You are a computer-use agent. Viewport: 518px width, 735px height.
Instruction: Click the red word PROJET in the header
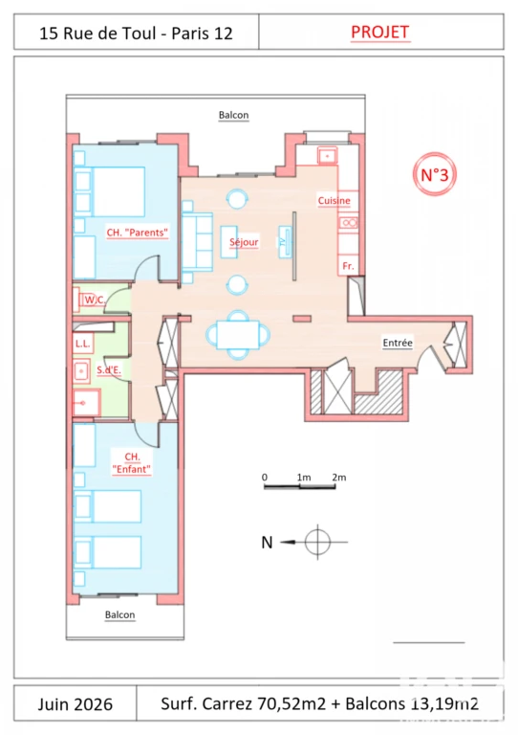point(380,32)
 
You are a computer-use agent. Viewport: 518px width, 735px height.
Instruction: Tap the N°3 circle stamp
point(435,174)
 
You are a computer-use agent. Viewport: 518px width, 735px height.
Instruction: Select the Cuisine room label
point(335,201)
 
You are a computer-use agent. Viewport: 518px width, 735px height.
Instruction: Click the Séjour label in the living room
point(244,242)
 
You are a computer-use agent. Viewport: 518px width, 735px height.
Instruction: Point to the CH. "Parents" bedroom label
point(137,233)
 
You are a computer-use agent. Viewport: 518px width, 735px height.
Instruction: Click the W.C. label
point(95,300)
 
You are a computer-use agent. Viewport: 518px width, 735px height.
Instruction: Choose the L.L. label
point(82,344)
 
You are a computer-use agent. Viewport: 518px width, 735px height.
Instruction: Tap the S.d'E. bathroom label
point(109,369)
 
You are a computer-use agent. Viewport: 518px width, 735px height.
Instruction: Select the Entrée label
point(398,343)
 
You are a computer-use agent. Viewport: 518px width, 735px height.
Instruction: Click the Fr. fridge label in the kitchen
point(348,266)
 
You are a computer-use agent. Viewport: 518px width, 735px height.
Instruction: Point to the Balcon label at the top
point(233,115)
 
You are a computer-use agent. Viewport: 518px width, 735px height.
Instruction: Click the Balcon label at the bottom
point(119,614)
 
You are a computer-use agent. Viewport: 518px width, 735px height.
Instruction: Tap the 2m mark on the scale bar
point(338,478)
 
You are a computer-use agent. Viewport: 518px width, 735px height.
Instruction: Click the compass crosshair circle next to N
point(317,542)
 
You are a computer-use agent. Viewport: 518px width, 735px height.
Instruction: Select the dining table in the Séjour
point(238,335)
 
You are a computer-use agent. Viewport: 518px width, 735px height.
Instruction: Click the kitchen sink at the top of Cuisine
point(328,156)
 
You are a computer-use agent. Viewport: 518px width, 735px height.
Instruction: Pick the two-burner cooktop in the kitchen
point(349,223)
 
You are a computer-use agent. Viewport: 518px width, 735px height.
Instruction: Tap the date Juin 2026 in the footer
point(76,704)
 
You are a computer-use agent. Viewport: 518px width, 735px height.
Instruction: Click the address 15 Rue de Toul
point(97,33)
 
